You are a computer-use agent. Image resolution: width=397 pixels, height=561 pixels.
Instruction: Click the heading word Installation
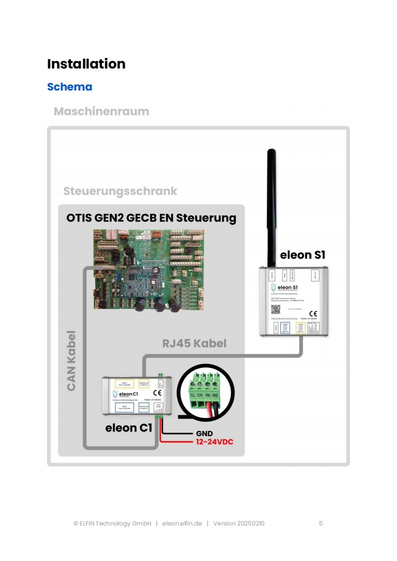(x=86, y=64)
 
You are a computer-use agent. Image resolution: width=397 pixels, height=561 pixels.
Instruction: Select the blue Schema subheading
(x=70, y=87)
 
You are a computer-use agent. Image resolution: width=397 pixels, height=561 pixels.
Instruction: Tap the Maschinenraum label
(x=101, y=111)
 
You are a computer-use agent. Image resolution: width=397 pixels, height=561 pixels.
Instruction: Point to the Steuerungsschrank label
(x=120, y=191)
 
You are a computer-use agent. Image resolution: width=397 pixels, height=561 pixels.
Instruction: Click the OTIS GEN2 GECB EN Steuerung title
(x=151, y=218)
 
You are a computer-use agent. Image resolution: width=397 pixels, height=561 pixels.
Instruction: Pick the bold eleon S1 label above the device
(x=303, y=254)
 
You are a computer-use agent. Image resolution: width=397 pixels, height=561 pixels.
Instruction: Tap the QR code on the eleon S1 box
(x=275, y=309)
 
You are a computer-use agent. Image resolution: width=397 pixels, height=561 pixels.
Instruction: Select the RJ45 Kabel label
(x=194, y=343)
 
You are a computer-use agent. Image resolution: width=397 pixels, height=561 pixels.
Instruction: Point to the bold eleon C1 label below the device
(x=129, y=428)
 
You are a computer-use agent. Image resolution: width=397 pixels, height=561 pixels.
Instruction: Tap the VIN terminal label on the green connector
(x=207, y=394)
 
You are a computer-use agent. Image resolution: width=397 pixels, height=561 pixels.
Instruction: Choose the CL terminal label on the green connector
(x=193, y=394)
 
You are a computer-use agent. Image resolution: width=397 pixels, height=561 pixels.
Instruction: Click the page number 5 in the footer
(x=321, y=523)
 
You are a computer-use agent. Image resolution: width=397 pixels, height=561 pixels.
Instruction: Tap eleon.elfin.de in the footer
(x=182, y=523)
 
